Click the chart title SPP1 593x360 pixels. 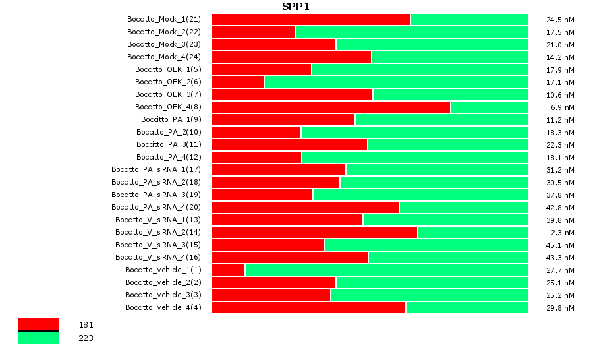coord(295,7)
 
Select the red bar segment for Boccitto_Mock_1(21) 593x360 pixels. coord(310,19)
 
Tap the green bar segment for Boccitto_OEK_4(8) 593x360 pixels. coord(489,107)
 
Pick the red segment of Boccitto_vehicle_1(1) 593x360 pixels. coord(228,270)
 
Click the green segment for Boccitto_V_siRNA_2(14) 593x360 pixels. coord(472,232)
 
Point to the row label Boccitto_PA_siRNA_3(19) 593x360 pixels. coord(156,195)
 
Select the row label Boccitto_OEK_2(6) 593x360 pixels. coord(168,82)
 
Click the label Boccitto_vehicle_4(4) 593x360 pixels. coord(163,307)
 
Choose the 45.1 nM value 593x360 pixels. coord(560,245)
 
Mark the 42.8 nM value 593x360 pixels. coord(560,208)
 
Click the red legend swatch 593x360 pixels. coord(38,324)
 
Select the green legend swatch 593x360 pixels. coord(38,338)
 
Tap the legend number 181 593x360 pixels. coord(86,325)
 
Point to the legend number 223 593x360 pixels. coord(86,338)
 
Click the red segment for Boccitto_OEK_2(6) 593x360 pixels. coord(237,82)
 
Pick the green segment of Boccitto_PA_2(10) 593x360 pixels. coord(414,132)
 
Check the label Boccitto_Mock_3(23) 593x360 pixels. coord(164,44)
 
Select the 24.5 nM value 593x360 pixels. coord(560,20)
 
